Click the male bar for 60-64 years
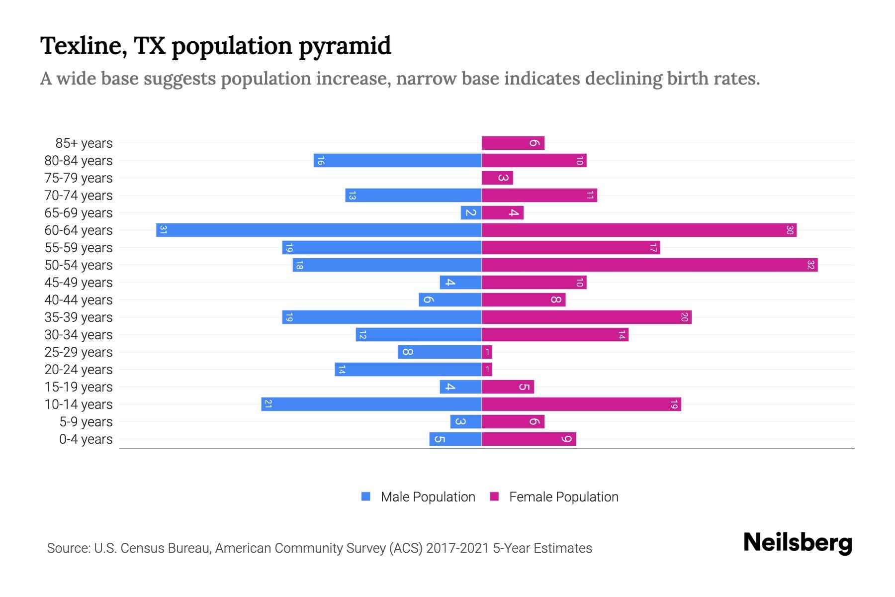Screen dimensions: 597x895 (319, 230)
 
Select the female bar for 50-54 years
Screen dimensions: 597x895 (649, 265)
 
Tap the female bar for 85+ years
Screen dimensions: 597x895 (513, 143)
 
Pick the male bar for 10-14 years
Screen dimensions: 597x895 (371, 404)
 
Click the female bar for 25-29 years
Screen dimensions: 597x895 (487, 352)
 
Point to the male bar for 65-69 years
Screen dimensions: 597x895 (471, 213)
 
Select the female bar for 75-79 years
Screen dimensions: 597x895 (497, 178)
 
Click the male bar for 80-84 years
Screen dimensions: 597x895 (398, 161)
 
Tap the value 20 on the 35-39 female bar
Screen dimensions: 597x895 (684, 317)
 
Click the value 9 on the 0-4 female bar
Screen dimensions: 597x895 (566, 439)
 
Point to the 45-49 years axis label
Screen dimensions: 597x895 (79, 283)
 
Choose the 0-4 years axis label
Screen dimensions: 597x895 (86, 439)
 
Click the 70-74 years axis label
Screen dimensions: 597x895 (79, 196)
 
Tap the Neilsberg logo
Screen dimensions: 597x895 (798, 543)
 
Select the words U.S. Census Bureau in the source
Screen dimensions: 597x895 (152, 548)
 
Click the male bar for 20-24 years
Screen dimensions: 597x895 (408, 370)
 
